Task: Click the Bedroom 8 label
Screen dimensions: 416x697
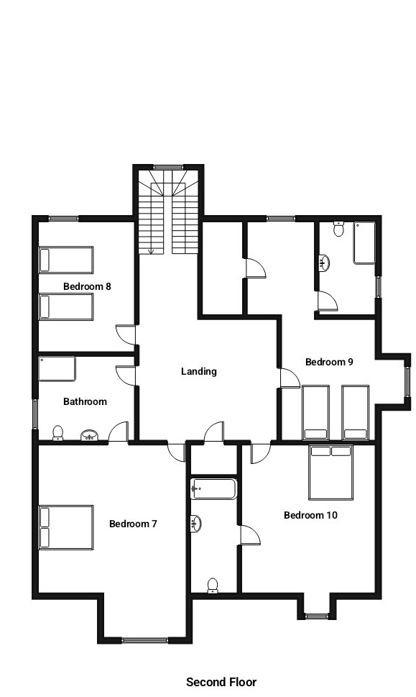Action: (x=87, y=286)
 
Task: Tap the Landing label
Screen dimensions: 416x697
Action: (x=199, y=371)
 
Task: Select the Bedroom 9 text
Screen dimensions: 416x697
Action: (x=330, y=362)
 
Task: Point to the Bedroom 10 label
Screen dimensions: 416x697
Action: (x=310, y=515)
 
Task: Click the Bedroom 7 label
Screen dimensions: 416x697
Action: (x=133, y=524)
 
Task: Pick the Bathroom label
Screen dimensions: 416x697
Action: (x=85, y=401)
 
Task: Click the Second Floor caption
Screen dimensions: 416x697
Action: (x=221, y=681)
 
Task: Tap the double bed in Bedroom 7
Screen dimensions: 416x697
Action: (x=66, y=527)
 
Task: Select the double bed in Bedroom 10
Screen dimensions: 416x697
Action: (x=331, y=473)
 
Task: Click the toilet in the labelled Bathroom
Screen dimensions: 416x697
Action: (x=57, y=434)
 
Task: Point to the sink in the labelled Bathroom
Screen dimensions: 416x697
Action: (x=90, y=435)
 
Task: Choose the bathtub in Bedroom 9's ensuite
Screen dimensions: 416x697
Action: (x=364, y=243)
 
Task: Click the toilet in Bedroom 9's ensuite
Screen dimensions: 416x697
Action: (x=338, y=229)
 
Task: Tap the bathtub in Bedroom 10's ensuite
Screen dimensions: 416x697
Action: (x=214, y=489)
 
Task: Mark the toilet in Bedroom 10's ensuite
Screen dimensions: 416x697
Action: (x=213, y=586)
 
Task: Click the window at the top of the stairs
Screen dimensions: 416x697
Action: (x=168, y=167)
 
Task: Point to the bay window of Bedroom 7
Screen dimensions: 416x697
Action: (x=144, y=641)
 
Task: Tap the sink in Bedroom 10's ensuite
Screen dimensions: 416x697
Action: (x=197, y=524)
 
